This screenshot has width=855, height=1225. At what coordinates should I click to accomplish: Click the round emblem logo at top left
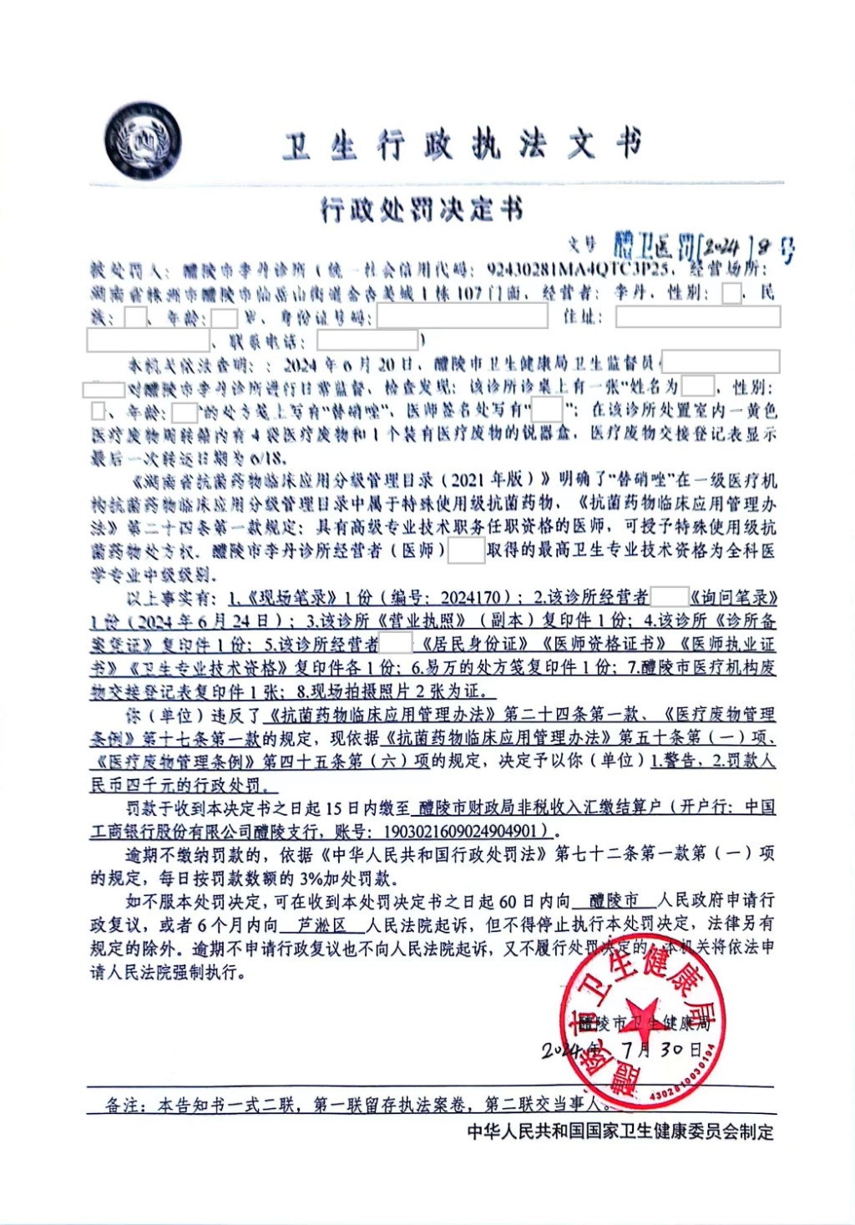point(143,143)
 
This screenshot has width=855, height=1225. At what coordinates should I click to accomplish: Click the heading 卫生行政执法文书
point(462,145)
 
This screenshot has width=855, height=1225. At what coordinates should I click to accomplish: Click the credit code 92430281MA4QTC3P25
point(578,269)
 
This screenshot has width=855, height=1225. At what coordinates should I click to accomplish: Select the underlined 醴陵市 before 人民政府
point(614,901)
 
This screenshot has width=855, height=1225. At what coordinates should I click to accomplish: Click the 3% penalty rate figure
point(310,878)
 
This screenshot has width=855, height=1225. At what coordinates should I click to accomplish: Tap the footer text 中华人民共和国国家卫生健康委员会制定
point(620,1132)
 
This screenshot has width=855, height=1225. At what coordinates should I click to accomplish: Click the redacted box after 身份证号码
point(462,316)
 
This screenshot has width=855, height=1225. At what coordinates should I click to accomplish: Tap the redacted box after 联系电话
point(367,340)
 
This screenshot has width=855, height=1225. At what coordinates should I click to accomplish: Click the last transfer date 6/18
point(266,458)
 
